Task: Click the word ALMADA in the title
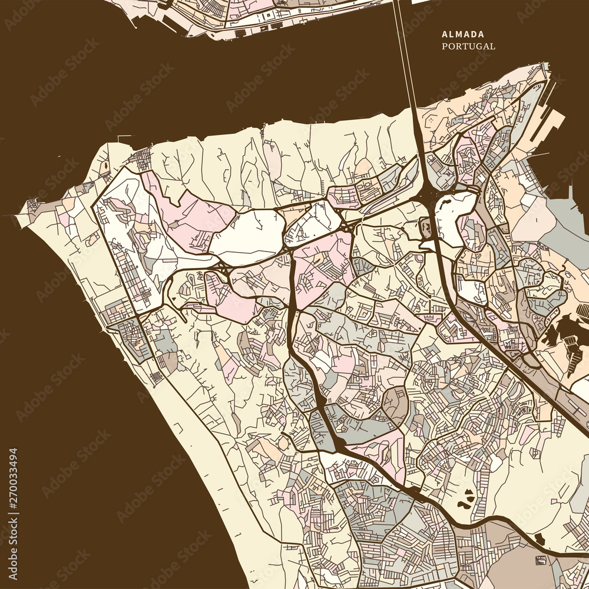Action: (462, 35)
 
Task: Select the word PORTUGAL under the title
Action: (469, 46)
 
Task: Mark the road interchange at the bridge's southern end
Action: (429, 197)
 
